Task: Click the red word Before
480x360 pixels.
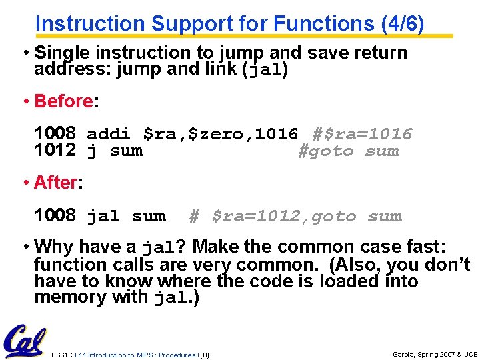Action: (x=63, y=101)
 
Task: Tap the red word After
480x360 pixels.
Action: (x=56, y=182)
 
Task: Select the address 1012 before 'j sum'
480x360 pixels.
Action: (x=55, y=151)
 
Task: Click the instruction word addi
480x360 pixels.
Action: (x=109, y=134)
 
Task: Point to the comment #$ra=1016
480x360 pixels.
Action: (x=363, y=134)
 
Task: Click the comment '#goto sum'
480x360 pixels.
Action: (x=348, y=151)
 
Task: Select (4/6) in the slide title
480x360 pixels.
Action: (x=402, y=23)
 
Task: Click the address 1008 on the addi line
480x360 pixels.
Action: (x=55, y=134)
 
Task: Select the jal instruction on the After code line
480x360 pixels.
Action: (x=103, y=216)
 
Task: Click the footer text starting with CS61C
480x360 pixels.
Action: (x=130, y=355)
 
